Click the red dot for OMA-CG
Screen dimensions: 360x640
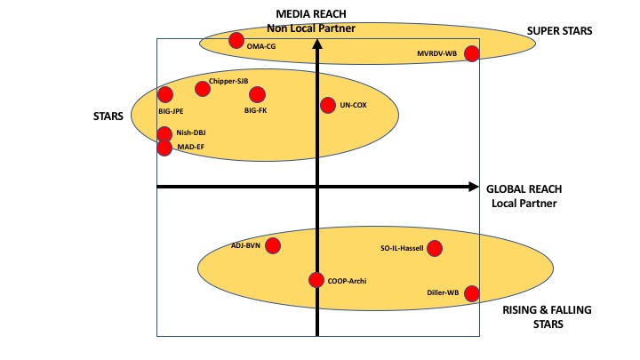(x=236, y=40)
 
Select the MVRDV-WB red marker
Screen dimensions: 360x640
(x=472, y=53)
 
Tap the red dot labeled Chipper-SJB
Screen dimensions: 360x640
(x=203, y=88)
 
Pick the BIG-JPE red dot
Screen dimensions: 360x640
(x=165, y=94)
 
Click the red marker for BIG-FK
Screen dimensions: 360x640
(x=257, y=94)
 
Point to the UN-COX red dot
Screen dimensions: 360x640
(x=328, y=105)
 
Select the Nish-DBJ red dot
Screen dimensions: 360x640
(x=164, y=134)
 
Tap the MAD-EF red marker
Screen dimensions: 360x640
(x=164, y=148)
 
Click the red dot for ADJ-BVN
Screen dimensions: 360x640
(x=273, y=245)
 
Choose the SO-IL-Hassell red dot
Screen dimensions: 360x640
(x=435, y=248)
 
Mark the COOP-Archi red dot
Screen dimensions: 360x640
(x=316, y=280)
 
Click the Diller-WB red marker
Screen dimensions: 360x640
(x=472, y=293)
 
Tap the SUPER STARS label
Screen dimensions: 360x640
(x=559, y=31)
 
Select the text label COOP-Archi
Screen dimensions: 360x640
(x=347, y=281)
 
